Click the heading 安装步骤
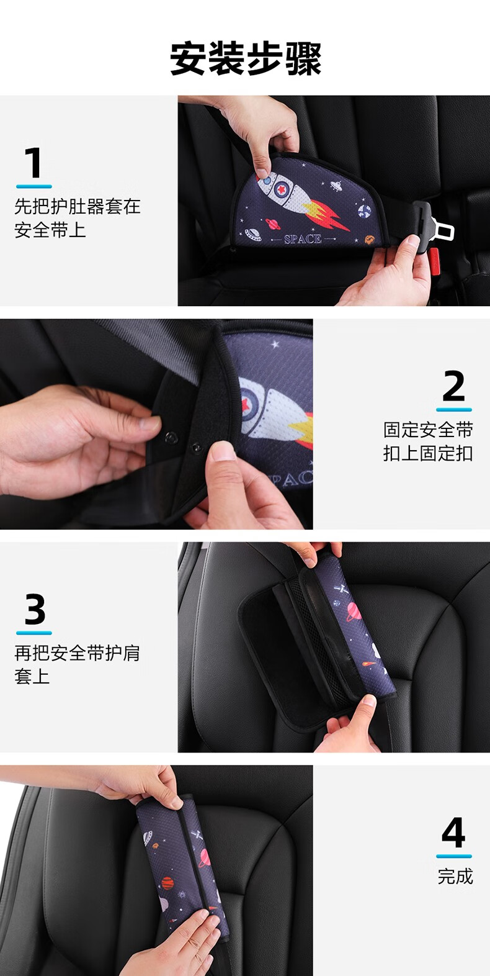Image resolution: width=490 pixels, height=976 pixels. [245, 59]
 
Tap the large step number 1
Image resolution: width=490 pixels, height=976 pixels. [33, 163]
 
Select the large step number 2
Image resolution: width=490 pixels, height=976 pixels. [454, 385]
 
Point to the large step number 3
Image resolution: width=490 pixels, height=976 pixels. [34, 608]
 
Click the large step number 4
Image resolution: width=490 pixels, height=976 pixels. [453, 832]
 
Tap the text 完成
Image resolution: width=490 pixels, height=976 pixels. [455, 876]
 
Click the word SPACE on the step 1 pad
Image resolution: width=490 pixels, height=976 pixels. [303, 239]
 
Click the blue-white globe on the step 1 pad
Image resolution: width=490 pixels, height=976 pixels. [365, 211]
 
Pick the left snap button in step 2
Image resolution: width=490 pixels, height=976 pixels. [173, 436]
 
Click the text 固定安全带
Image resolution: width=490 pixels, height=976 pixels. [428, 430]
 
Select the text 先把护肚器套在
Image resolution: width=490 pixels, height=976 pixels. [78, 206]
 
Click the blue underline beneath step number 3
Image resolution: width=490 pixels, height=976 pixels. [34, 633]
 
